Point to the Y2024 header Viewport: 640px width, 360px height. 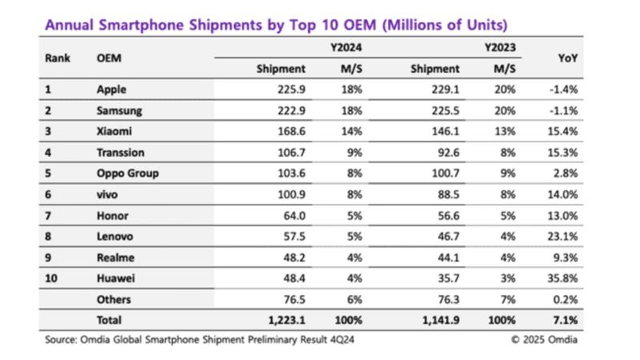click(x=345, y=48)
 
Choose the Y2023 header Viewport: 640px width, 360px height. click(x=499, y=48)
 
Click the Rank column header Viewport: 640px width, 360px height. click(x=58, y=58)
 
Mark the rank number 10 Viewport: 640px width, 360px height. click(x=51, y=278)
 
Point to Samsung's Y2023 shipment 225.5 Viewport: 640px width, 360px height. click(x=442, y=111)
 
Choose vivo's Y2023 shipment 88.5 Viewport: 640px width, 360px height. click(x=446, y=194)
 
